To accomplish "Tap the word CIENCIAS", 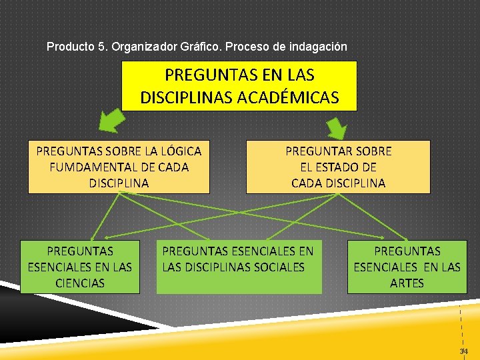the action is [x=80, y=283].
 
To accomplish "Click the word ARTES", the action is [x=407, y=283].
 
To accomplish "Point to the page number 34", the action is [x=463, y=351].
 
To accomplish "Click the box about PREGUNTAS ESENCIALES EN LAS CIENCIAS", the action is [x=80, y=267].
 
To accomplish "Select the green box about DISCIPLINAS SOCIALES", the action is [x=239, y=267].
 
